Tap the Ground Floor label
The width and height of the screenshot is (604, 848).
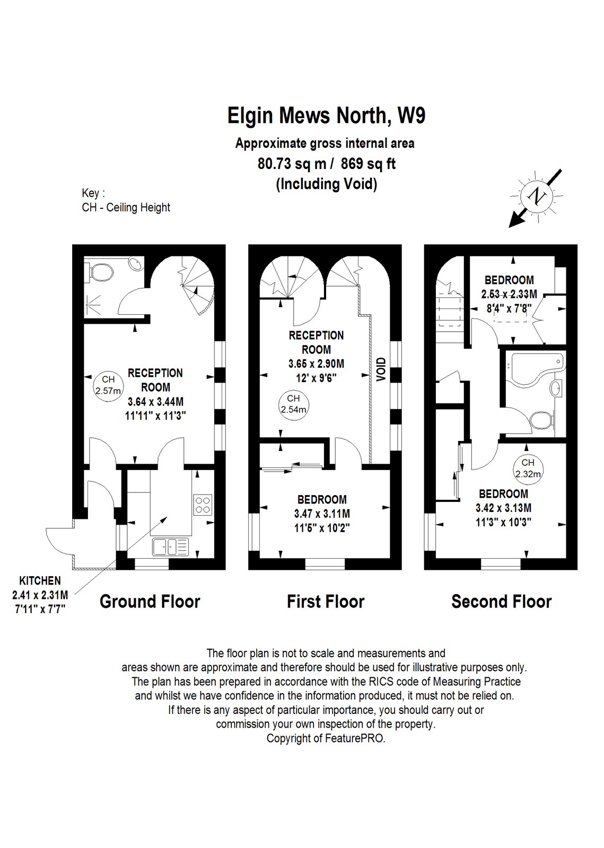pos(150,602)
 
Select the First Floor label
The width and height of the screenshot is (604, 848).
pos(325,602)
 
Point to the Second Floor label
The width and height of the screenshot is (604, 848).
pos(501,602)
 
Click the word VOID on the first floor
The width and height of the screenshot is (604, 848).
pos(381,370)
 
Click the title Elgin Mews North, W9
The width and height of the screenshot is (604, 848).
pos(326,116)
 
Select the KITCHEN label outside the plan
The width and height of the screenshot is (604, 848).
pos(40,581)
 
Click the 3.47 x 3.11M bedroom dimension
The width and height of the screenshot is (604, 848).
pos(322,514)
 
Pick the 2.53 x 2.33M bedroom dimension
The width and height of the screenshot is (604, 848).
pos(509,294)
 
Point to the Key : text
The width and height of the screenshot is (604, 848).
pos(93,193)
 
